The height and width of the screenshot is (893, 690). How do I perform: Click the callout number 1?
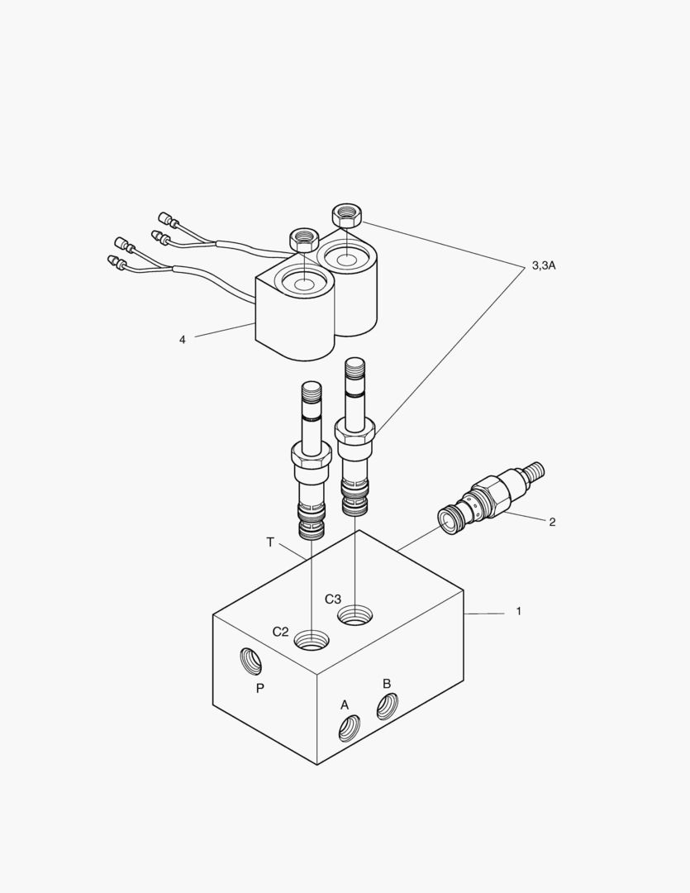pos(518,611)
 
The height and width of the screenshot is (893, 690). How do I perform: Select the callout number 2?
pos(552,522)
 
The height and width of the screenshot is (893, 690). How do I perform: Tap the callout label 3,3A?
pos(543,265)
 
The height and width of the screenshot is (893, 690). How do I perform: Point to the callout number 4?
pos(182,339)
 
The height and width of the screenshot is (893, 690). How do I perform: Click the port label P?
pos(259,688)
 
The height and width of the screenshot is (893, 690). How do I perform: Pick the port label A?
pos(345,704)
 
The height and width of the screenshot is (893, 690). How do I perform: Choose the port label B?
pos(386,684)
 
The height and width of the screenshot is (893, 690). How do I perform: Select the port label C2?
pos(281,632)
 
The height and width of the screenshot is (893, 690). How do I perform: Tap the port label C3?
pos(333,599)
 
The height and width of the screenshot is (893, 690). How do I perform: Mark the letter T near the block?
pos(270,542)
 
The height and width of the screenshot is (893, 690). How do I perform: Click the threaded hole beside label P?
pos(251,661)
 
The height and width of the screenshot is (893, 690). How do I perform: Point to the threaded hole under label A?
pos(350,728)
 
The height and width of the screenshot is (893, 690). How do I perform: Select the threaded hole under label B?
pos(387,706)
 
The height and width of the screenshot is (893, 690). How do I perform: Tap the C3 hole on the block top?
pos(355,614)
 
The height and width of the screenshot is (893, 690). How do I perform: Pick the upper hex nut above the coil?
pos(347,216)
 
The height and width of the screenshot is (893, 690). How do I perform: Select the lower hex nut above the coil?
pos(303,241)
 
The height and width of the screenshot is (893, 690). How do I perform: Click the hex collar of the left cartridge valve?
pos(311,454)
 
